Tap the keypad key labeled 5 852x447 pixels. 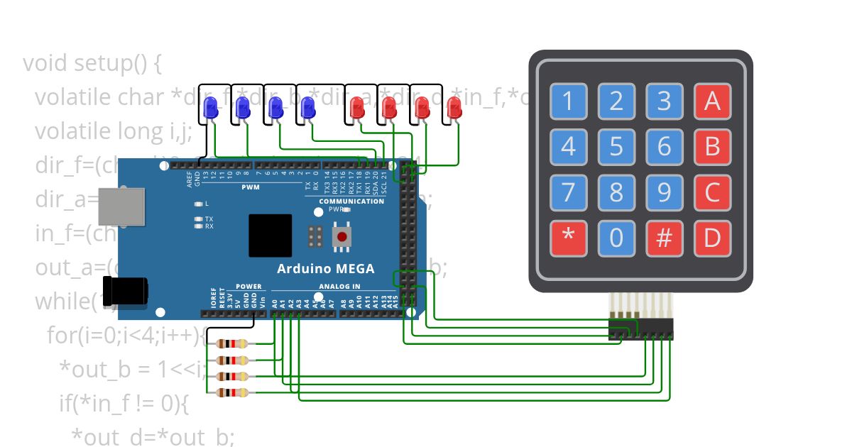616,148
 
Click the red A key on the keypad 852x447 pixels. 712,102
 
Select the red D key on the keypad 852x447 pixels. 712,238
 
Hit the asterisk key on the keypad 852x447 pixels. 568,238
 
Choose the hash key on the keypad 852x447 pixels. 664,238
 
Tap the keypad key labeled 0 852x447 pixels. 616,238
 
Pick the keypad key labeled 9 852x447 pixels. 664,193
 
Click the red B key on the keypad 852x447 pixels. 712,148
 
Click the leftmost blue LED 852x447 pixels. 210,108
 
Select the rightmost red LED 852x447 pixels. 454,108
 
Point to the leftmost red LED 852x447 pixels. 357,108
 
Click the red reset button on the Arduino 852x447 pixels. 342,236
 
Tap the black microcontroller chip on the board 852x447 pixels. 270,236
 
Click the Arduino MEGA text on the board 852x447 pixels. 325,269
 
